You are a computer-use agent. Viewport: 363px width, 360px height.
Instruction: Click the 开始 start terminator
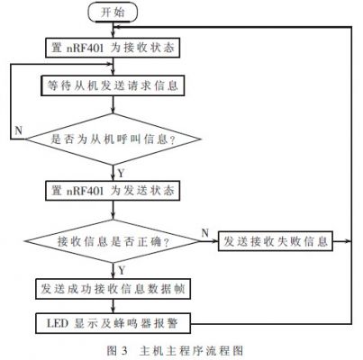pos(113,13)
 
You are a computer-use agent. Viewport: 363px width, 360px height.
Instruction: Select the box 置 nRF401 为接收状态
pos(113,48)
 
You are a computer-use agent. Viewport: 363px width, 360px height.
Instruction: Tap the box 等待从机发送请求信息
pos(113,86)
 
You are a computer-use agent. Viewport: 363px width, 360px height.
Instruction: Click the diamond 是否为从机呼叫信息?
pos(113,139)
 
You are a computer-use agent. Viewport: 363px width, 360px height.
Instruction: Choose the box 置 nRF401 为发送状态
pos(113,191)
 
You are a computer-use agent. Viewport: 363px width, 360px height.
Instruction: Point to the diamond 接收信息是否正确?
pos(113,241)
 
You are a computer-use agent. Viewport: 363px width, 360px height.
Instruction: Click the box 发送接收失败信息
pos(276,241)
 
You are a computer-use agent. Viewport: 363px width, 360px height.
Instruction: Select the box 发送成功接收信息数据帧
pos(113,289)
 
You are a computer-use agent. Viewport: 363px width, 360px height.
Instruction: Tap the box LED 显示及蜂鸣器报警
pos(113,323)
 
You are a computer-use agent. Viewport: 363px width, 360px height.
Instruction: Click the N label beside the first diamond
pos(19,130)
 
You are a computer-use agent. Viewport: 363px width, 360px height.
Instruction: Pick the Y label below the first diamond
pos(121,174)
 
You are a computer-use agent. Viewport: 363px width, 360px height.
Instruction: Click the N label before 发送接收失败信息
pos(205,233)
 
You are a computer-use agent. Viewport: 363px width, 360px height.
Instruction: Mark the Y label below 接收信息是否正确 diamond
pos(122,271)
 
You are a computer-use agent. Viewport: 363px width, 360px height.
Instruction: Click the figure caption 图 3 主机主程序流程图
pos(175,351)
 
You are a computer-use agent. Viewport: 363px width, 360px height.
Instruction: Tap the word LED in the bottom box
pos(58,323)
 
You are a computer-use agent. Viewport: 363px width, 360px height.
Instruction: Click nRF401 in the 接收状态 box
pos(85,48)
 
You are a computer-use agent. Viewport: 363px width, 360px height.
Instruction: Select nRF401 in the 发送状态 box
pos(85,191)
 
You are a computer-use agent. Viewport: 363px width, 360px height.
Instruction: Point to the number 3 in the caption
pos(124,351)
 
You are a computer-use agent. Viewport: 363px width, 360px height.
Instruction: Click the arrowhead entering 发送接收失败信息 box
pos(215,241)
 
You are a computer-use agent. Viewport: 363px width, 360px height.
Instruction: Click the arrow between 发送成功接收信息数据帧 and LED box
pos(113,306)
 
